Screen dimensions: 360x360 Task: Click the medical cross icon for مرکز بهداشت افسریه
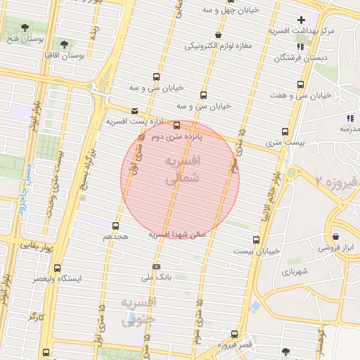pos(302,20)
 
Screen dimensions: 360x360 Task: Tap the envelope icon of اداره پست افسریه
pos(135,110)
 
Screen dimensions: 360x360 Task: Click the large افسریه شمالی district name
pos(181,170)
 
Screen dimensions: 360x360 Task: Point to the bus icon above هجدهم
pos(115,226)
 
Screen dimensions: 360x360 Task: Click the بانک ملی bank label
pos(157,279)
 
